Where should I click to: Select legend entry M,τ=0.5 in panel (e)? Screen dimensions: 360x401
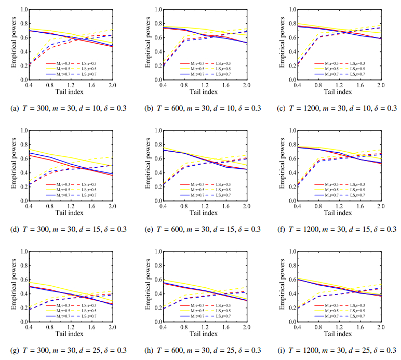(x=190, y=189)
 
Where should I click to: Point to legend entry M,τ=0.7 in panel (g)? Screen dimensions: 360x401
(x=54, y=315)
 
